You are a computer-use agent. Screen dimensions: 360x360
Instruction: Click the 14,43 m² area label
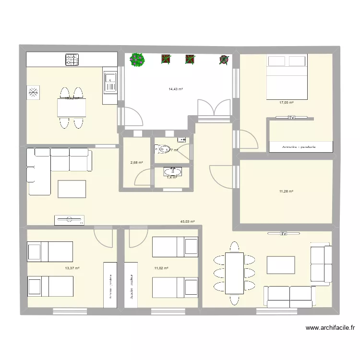click(x=176, y=89)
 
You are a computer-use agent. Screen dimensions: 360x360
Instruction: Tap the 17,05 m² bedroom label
click(x=286, y=102)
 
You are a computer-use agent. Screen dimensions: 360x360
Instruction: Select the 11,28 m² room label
click(x=286, y=192)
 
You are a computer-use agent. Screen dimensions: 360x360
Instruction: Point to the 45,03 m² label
click(x=187, y=222)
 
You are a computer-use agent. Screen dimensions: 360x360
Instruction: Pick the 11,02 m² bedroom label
click(x=161, y=268)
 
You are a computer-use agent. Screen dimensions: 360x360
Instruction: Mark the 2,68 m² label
click(x=136, y=162)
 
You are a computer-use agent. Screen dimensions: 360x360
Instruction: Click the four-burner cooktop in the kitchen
click(x=72, y=60)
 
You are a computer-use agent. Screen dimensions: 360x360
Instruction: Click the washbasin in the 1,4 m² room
click(x=172, y=171)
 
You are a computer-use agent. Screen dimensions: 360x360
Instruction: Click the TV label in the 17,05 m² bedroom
click(x=291, y=117)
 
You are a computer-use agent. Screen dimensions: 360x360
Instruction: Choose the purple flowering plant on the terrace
click(x=138, y=60)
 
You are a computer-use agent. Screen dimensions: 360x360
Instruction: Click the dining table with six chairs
click(x=234, y=273)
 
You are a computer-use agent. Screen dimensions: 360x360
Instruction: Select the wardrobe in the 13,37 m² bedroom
click(x=110, y=285)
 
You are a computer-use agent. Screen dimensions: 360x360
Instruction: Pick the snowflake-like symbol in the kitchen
click(x=33, y=93)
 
